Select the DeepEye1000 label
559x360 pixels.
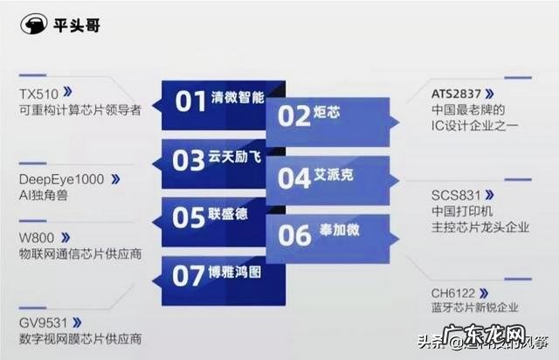point(61,179)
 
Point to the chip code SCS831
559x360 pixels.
point(456,194)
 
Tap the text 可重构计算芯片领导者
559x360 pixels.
point(79,108)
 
